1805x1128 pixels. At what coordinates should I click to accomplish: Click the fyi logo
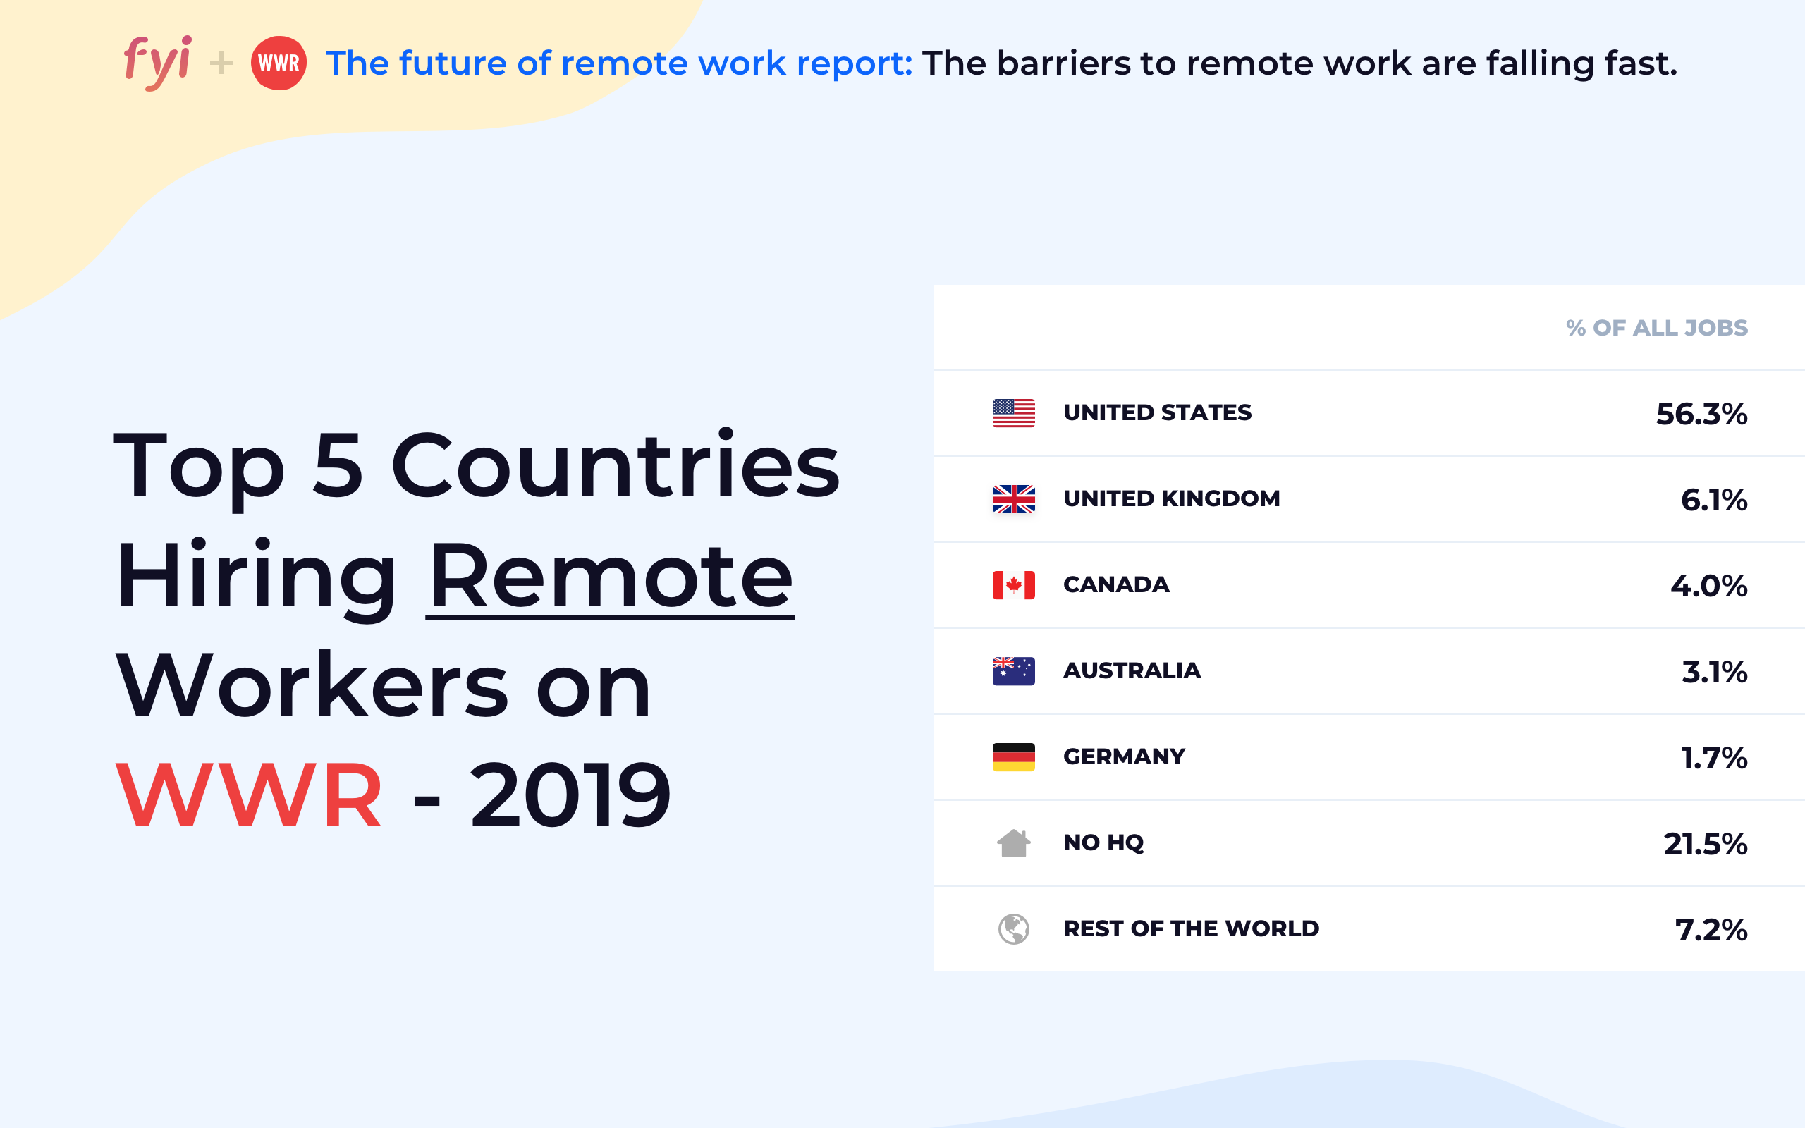coord(157,63)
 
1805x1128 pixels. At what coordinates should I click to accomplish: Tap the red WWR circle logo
coord(279,63)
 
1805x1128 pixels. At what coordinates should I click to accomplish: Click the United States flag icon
coord(1014,413)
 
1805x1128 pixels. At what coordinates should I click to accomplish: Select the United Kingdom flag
coord(1014,499)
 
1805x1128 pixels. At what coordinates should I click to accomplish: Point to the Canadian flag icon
coord(1014,585)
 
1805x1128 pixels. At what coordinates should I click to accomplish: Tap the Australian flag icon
coord(1014,670)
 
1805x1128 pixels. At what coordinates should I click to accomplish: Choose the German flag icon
coord(1014,756)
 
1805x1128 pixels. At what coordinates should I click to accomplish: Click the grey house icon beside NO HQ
coord(1014,843)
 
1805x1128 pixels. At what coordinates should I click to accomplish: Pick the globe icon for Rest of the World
coord(1014,928)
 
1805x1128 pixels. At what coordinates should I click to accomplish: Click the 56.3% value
coord(1701,414)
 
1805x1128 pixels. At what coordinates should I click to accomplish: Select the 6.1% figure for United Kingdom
coord(1714,500)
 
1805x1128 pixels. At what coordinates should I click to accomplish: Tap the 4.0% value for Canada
coord(1709,586)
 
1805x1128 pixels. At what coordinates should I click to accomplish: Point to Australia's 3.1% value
coord(1714,671)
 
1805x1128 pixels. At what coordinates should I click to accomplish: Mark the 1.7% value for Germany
coord(1714,757)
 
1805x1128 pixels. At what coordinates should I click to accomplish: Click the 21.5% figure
coord(1705,844)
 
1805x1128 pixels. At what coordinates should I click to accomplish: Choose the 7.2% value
coord(1711,930)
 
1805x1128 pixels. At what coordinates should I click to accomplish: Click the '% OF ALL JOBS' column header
coord(1656,328)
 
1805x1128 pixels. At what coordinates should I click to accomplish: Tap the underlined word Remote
coord(610,577)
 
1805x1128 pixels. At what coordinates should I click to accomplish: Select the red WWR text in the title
coord(249,795)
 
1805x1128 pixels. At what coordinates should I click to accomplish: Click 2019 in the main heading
coord(570,795)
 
